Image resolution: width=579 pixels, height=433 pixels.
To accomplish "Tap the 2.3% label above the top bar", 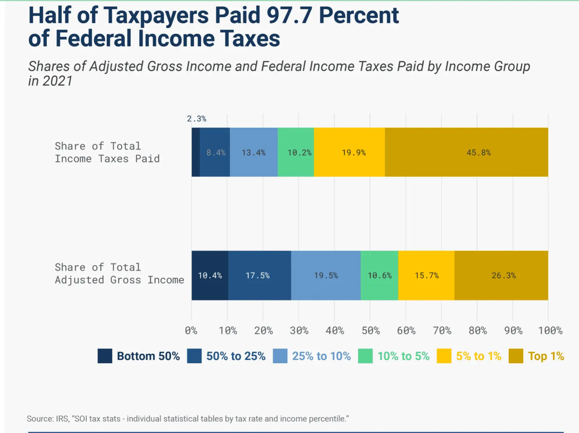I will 196,119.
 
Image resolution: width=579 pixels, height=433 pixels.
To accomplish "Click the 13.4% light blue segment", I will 254,152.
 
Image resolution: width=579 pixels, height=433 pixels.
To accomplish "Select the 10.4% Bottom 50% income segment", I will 210,276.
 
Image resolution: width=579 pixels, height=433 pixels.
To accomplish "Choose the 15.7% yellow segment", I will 426,276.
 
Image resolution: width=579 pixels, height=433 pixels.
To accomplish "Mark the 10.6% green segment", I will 379,276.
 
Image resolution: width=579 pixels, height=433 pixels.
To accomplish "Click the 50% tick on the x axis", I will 371,331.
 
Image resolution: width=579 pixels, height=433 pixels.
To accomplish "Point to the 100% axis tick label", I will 550,331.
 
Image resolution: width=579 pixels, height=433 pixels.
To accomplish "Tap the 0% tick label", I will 191,331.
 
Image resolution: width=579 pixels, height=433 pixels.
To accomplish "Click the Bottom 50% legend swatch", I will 105,356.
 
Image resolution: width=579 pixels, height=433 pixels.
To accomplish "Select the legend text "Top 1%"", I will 546,356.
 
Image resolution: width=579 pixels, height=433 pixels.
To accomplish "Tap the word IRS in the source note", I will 62,419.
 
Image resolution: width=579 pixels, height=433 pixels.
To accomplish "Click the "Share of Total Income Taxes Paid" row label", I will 107,152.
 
